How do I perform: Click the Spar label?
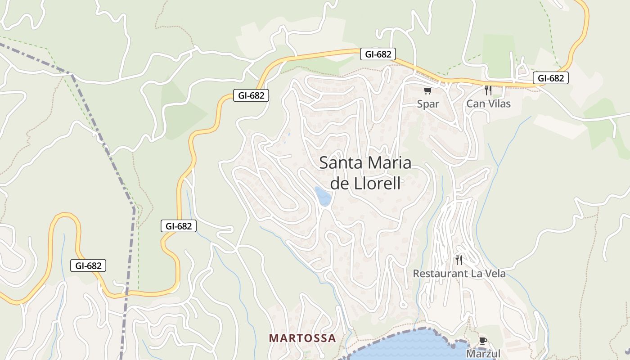pos(428,104)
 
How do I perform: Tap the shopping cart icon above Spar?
pos(428,91)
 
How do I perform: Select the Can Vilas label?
pos(488,104)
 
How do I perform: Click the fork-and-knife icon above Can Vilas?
pos(488,90)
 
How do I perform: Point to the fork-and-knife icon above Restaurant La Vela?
pos(459,260)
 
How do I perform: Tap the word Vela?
pos(495,274)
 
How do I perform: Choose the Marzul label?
pos(483,354)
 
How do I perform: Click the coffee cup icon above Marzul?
pos(483,341)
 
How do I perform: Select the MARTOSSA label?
pos(302,338)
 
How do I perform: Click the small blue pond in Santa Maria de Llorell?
pos(323,196)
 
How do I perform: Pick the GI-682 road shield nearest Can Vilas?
pos(550,78)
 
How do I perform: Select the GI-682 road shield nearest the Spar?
pos(378,54)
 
